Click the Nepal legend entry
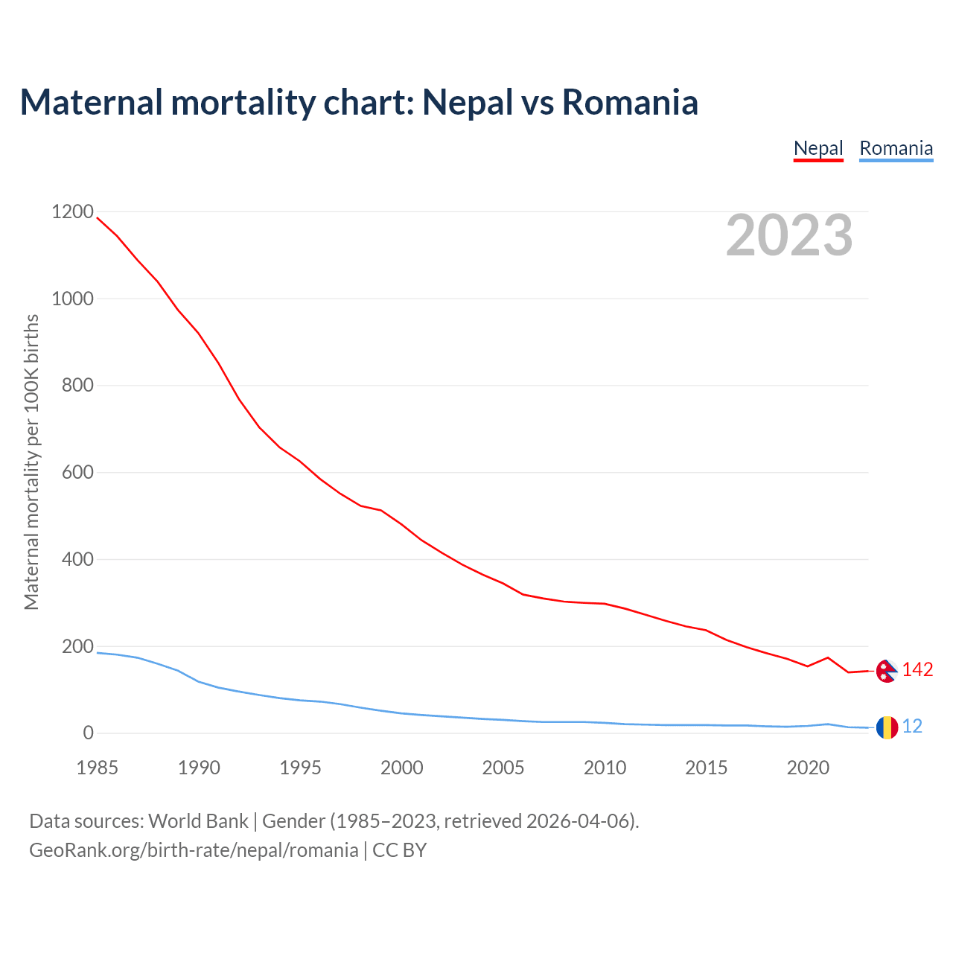click(818, 148)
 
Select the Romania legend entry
click(896, 148)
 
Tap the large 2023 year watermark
click(789, 235)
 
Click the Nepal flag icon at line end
click(886, 671)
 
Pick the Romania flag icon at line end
click(886, 727)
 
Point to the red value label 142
click(917, 670)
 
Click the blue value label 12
click(912, 726)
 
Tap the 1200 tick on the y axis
click(72, 212)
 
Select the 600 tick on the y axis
click(77, 473)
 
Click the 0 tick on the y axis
click(89, 733)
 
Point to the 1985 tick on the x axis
click(98, 768)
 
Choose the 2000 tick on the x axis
click(402, 768)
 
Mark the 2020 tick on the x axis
click(808, 768)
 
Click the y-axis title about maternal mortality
click(31, 462)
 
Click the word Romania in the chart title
click(630, 102)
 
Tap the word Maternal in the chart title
click(92, 102)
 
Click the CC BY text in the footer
click(400, 850)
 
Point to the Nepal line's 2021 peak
click(828, 657)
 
